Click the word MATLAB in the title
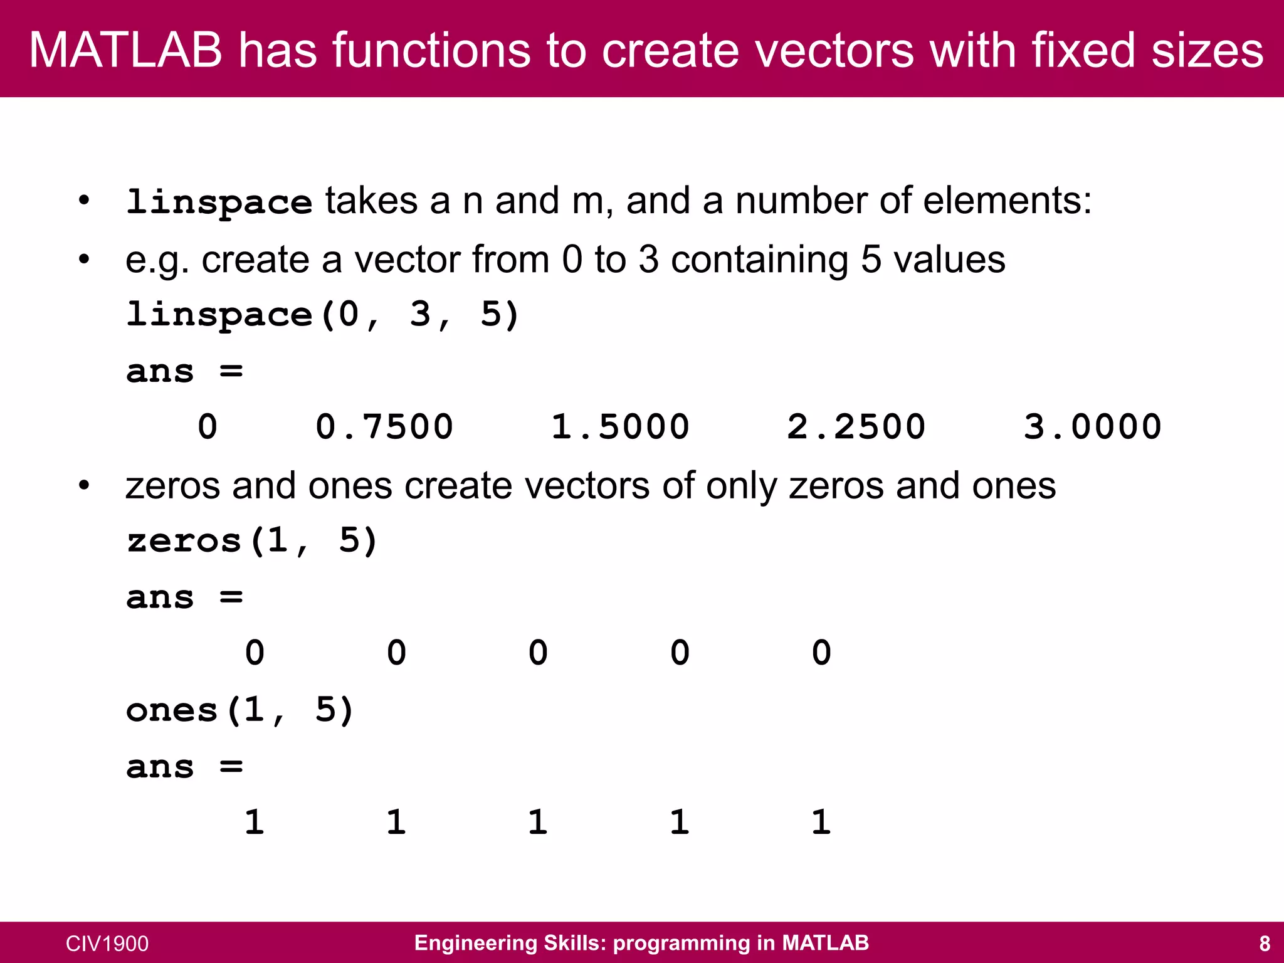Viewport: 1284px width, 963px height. [125, 50]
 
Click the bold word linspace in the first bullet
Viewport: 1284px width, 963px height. [219, 202]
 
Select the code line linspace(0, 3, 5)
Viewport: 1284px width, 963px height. [323, 314]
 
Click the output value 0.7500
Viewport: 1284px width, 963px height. [384, 427]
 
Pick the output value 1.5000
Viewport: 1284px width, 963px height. [620, 427]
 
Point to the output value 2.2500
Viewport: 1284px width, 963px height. [856, 427]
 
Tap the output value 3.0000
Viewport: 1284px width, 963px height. [1092, 427]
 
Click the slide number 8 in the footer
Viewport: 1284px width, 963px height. [1265, 943]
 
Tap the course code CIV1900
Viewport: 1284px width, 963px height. [107, 944]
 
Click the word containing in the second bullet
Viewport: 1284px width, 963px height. [759, 260]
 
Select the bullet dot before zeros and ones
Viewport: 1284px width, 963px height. [84, 485]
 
